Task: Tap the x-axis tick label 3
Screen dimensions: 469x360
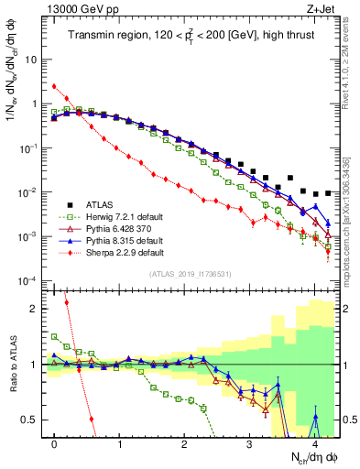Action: [250, 442]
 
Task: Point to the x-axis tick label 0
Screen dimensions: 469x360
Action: [55, 442]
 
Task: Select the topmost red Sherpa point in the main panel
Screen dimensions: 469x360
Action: [55, 87]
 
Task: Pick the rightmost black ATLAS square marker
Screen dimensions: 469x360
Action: [328, 193]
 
